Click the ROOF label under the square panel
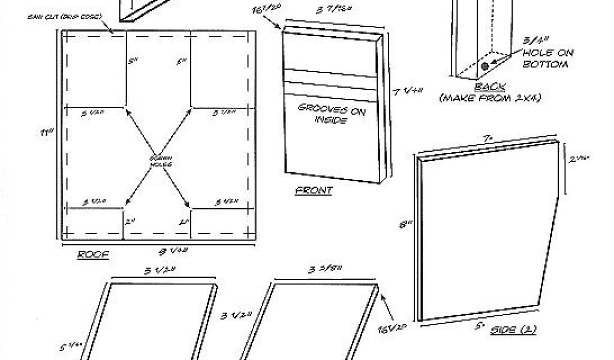coord(93,254)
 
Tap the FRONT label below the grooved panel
coord(314,190)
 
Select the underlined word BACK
coord(490,87)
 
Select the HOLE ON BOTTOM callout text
coord(547,58)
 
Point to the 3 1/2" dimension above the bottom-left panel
coord(159,271)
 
